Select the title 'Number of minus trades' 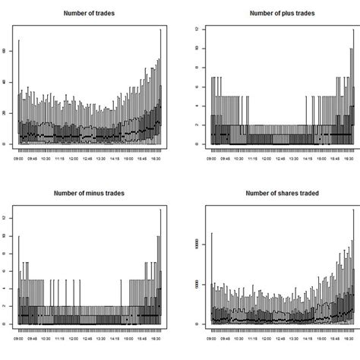pos(90,193)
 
